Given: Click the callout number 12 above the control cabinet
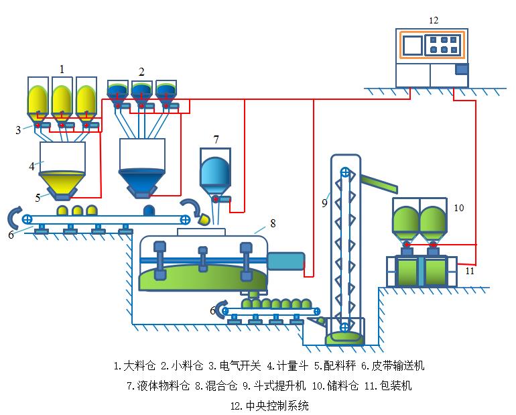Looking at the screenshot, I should pos(434,20).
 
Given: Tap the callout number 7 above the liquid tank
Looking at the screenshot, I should pos(216,139).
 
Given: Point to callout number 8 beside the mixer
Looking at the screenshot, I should pos(272,223).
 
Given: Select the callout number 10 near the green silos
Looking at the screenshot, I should pos(458,208).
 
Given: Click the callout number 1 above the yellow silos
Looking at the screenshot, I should pos(62,68).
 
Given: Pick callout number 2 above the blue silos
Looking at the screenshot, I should pos(141,71).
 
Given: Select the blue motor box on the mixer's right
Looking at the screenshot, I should pos(286,261).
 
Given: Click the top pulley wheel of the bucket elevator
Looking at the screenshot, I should pos(345,172).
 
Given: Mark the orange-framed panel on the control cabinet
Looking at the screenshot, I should pos(432,45).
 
